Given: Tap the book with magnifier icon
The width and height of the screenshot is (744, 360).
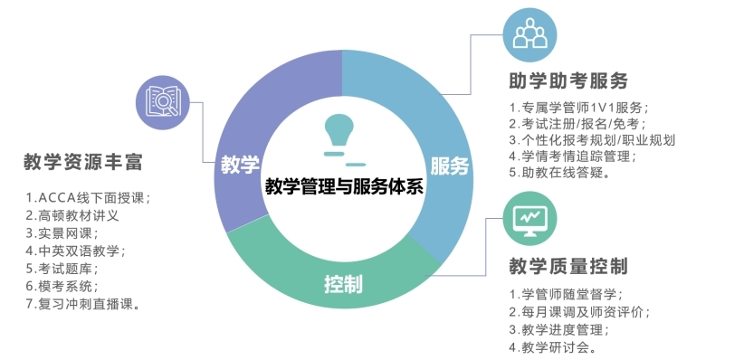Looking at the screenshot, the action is (x=163, y=102).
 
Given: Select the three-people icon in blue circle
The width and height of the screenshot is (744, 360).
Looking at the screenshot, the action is (x=530, y=34).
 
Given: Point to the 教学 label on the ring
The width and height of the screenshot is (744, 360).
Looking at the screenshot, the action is (x=240, y=165).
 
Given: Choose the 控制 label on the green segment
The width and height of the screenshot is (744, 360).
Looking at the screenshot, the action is (x=343, y=284).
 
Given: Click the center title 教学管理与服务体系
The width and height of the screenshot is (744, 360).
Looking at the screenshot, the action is (x=344, y=186).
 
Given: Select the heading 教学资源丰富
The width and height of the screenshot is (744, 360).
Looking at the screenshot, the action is (x=83, y=162).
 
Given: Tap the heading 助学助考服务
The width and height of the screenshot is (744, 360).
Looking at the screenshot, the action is (x=568, y=81).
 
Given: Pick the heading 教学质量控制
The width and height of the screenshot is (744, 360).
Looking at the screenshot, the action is (x=568, y=266).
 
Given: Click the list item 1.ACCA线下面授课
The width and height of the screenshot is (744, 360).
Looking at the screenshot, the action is (x=89, y=198).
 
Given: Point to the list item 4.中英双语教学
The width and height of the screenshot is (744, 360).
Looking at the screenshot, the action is (x=76, y=251).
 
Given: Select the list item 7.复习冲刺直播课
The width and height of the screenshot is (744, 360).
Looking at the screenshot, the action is (x=83, y=304).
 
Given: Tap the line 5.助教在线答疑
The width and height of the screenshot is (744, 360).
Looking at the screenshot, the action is (x=559, y=172).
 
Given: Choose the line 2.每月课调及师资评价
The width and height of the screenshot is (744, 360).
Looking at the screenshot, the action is (x=579, y=312).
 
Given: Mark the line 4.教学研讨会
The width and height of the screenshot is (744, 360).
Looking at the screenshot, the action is (x=553, y=347).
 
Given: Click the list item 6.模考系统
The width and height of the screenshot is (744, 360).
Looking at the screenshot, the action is (x=62, y=286).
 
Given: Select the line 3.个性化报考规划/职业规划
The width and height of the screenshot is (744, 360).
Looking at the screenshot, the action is (x=592, y=140).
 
